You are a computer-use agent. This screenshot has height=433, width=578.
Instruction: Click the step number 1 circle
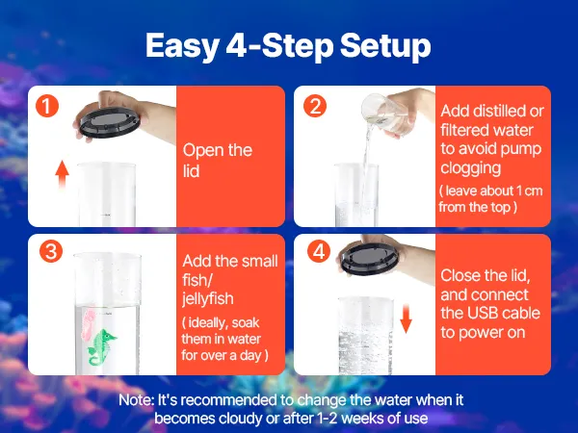[47, 106]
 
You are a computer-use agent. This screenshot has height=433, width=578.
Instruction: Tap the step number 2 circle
[315, 106]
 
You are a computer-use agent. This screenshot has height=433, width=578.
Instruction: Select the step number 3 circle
[51, 251]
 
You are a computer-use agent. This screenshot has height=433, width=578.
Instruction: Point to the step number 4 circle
[319, 251]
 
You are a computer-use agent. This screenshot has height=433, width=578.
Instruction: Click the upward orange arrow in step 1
[63, 174]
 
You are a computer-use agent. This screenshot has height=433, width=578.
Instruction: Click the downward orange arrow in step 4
[406, 318]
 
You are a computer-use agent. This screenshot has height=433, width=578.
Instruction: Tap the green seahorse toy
[101, 347]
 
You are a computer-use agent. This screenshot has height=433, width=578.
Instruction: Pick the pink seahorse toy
[89, 325]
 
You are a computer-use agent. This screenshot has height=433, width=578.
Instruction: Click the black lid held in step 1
[110, 121]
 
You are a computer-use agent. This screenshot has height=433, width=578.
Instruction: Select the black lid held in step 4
[370, 259]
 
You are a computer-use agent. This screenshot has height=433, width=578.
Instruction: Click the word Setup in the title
[385, 46]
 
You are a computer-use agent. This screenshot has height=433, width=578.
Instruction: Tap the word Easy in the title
[182, 46]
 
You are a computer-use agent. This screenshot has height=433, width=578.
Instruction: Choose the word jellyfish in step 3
[208, 298]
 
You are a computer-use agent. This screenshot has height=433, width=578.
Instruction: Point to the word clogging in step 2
[471, 168]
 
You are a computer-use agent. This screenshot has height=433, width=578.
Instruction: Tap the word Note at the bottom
[136, 400]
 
